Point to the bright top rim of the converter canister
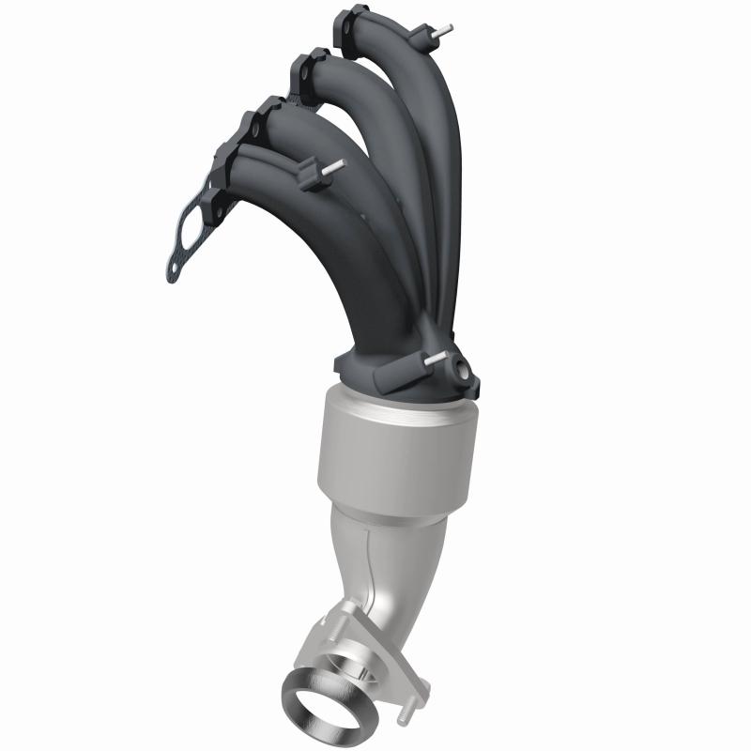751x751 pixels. point(399,394)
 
